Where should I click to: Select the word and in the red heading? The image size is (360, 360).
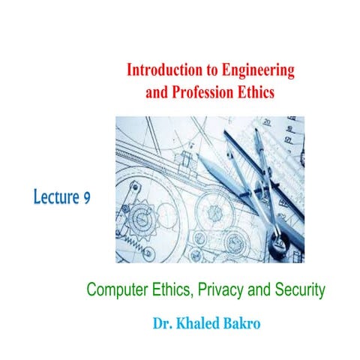pos(155,92)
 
